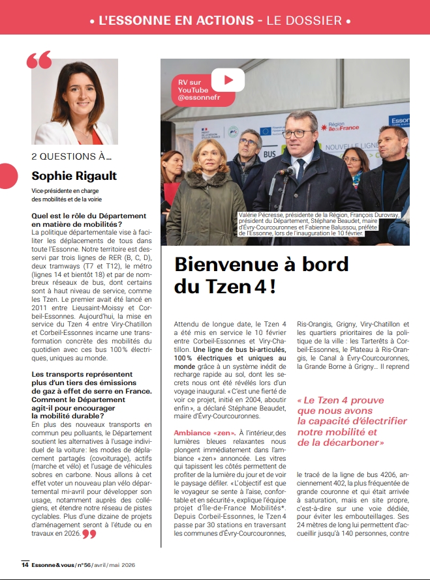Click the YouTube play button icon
[x=228, y=80]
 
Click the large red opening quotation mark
[x=39, y=61]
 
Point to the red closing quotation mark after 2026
[x=89, y=534]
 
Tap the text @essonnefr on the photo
[x=200, y=98]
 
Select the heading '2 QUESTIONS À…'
[x=72, y=156]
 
